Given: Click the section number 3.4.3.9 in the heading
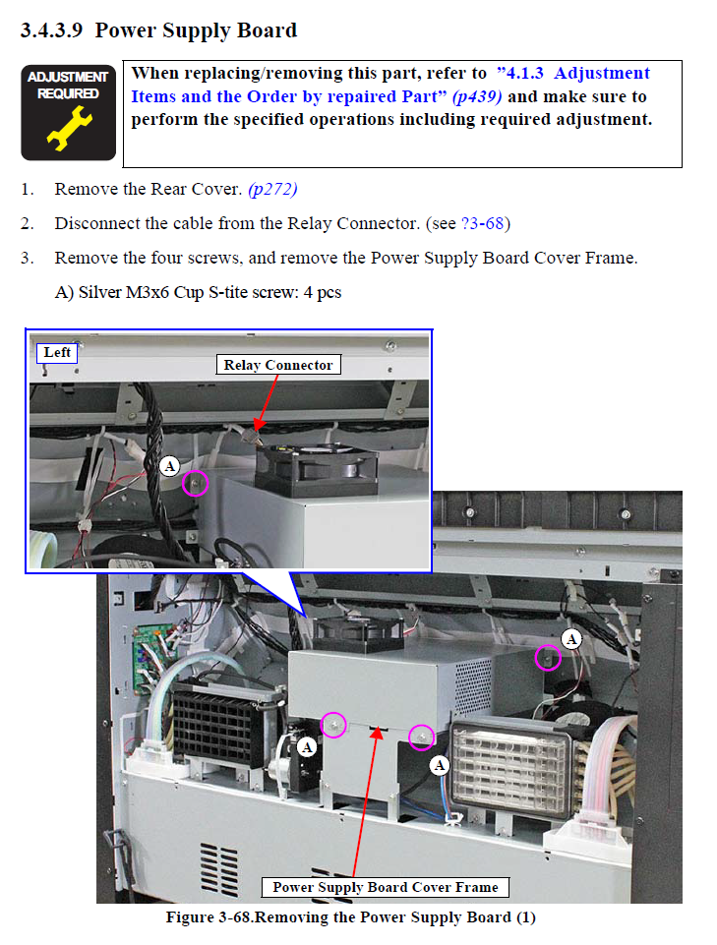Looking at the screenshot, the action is (51, 30).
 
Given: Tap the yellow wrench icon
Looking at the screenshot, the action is (69, 128).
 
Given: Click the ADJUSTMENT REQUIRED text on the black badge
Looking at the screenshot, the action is (68, 85).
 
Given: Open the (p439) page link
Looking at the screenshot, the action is (476, 96).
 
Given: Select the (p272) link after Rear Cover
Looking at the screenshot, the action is (272, 189).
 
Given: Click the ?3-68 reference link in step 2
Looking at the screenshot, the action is (482, 223).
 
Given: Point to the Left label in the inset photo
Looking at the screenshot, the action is (57, 353).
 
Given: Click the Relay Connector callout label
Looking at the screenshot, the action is (278, 365).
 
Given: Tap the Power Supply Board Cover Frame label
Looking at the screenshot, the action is (386, 887).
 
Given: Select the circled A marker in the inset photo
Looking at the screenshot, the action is (170, 466).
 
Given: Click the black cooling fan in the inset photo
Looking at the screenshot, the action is (317, 469).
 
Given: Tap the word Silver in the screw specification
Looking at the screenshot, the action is (100, 292).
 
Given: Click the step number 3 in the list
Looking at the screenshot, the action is (26, 258).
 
